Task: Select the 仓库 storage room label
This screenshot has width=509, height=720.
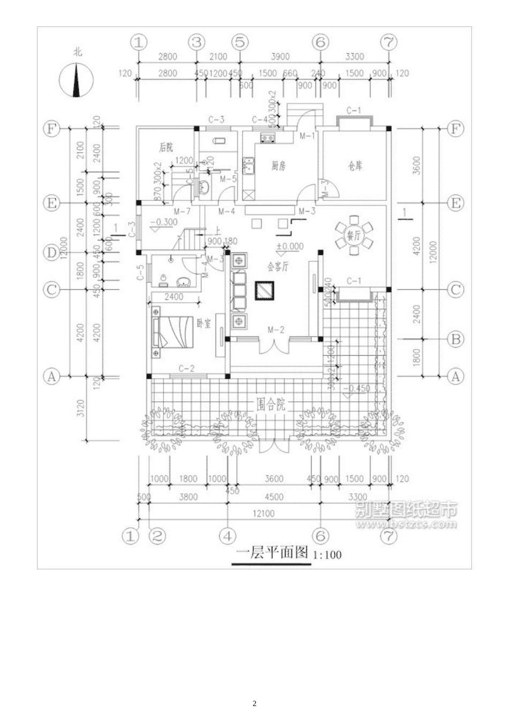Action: coord(354,166)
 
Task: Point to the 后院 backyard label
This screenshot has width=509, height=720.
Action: coord(166,147)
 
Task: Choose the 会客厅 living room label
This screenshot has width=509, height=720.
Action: coord(278,266)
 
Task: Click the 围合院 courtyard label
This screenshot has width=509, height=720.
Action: coord(271,404)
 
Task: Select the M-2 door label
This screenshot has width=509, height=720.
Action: coord(275,329)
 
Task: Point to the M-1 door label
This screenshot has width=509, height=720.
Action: coord(306,136)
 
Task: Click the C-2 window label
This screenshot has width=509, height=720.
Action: coord(186,368)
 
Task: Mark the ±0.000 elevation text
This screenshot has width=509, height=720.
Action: coord(289,247)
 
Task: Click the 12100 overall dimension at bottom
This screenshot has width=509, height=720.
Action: coord(263,513)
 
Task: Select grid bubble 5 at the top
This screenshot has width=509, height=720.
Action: coord(240,42)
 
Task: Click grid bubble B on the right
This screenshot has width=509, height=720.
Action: coord(455,339)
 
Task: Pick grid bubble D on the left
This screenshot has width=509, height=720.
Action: coord(51,252)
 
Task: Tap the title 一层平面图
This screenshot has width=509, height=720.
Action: coord(273,553)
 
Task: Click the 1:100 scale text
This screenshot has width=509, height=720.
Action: coord(327,555)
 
